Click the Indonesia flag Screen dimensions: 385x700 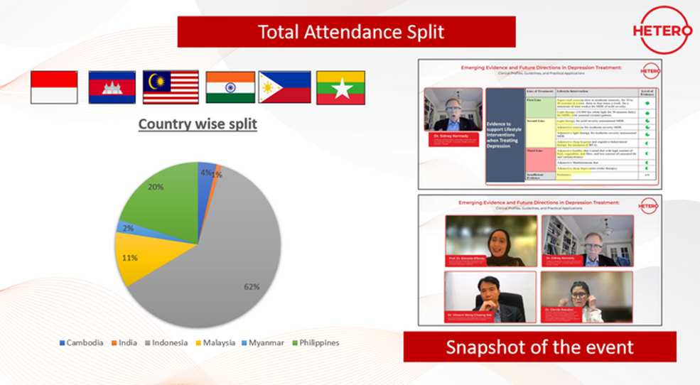coord(54,87)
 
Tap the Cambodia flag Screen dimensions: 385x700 coord(112,87)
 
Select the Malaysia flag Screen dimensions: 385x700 coord(171,87)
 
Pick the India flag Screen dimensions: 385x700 coord(230,87)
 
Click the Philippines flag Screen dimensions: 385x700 coord(284,87)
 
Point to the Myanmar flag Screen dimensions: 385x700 coord(340,87)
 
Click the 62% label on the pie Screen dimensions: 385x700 coord(252,287)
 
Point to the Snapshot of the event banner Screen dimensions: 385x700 coord(539,347)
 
